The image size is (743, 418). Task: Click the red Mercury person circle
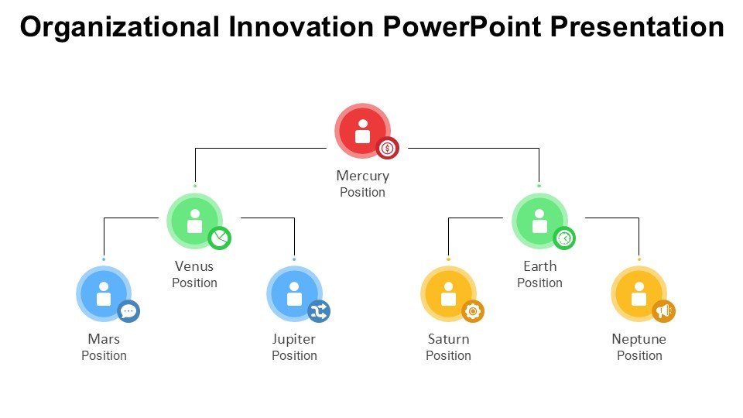coord(362,131)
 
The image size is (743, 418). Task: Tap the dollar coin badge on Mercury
coord(388,149)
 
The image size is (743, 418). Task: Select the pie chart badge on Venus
coord(219,238)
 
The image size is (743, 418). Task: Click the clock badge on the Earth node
coord(564,238)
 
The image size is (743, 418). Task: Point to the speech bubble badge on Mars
coord(128,311)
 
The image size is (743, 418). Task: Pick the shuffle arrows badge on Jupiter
coord(319,311)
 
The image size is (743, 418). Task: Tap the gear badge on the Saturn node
coord(473,311)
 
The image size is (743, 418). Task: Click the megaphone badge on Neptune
coord(664,311)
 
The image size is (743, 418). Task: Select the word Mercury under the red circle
coord(362,176)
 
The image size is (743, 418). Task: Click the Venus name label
coord(194,266)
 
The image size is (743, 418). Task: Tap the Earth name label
coord(539,266)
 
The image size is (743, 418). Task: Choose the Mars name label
coord(104,339)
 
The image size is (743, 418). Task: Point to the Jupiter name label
coord(294,340)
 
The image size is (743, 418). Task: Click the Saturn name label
coord(448,339)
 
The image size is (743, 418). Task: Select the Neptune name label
coord(639,340)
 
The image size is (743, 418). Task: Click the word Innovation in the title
coord(301,27)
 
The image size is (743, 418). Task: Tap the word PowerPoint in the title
coord(461,27)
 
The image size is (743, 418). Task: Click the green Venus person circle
coord(195,221)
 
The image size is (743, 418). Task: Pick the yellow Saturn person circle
coord(448,294)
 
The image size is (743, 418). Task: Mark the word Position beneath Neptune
coord(639,355)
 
